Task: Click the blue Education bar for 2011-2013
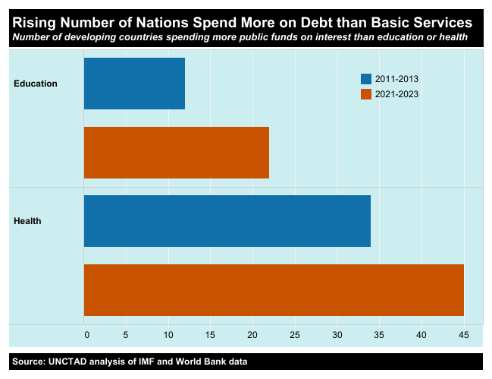point(134,84)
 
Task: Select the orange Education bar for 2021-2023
point(176,152)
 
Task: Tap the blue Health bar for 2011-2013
point(227,221)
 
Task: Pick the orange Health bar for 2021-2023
point(273,289)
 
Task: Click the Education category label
point(36,84)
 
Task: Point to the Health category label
point(27,221)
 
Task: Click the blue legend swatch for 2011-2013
point(366,79)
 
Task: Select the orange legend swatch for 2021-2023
point(366,94)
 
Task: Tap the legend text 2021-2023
point(396,94)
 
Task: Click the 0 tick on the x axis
point(86,335)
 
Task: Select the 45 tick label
point(463,335)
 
